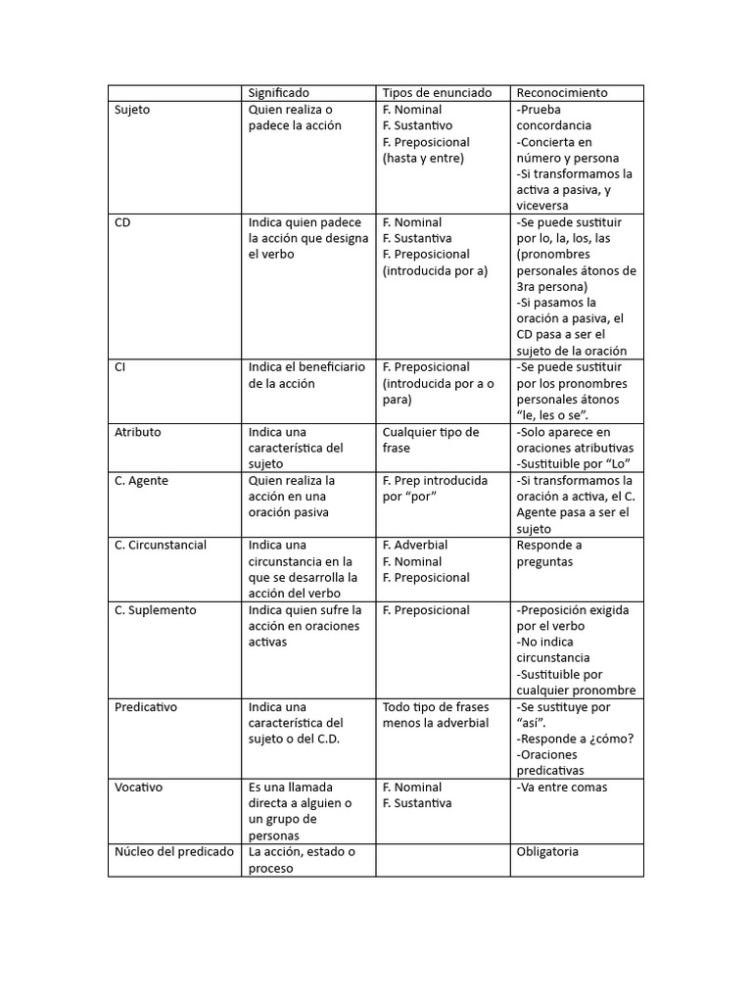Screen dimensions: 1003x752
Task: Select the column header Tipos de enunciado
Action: click(x=437, y=93)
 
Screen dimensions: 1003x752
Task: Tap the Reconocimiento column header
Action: click(x=561, y=93)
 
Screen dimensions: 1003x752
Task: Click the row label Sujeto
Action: click(x=132, y=110)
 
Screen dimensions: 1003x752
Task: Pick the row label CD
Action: click(x=122, y=222)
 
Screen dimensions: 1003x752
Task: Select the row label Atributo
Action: click(x=138, y=432)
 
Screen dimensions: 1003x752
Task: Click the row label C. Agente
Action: click(x=141, y=481)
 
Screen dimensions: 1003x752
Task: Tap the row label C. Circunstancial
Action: click(x=161, y=546)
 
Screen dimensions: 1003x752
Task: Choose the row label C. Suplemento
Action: click(x=156, y=610)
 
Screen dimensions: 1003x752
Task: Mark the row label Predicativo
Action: click(x=146, y=707)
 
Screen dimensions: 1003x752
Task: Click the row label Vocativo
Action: click(x=139, y=788)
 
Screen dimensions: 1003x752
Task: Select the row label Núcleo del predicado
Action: click(x=174, y=852)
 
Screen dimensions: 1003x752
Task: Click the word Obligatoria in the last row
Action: click(x=547, y=852)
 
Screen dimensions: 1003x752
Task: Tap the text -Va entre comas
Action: click(x=561, y=788)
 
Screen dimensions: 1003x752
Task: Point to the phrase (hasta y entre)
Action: click(x=423, y=158)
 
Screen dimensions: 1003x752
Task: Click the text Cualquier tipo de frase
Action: click(x=431, y=440)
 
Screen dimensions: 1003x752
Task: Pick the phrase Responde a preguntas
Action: click(x=549, y=553)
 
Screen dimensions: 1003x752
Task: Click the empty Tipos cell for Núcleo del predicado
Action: click(x=444, y=860)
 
